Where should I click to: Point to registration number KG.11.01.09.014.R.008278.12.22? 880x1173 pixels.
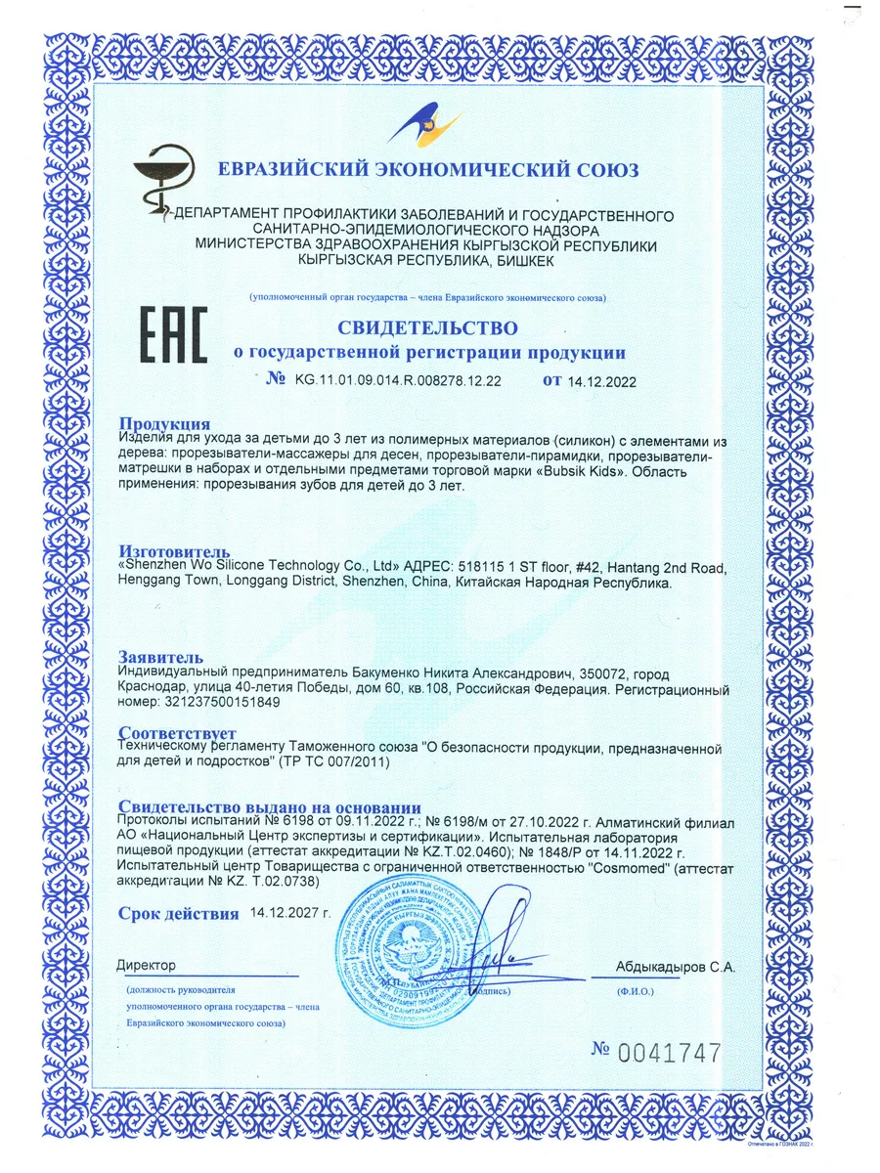tap(397, 381)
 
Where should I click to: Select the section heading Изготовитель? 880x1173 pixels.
tap(175, 552)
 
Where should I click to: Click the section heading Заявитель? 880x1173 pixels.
tap(160, 656)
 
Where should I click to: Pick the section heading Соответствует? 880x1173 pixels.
tap(177, 733)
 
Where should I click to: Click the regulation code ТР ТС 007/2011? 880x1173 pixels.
tap(334, 762)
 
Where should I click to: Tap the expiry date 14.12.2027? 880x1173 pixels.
tap(290, 913)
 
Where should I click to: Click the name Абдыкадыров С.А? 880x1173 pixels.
tap(676, 967)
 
